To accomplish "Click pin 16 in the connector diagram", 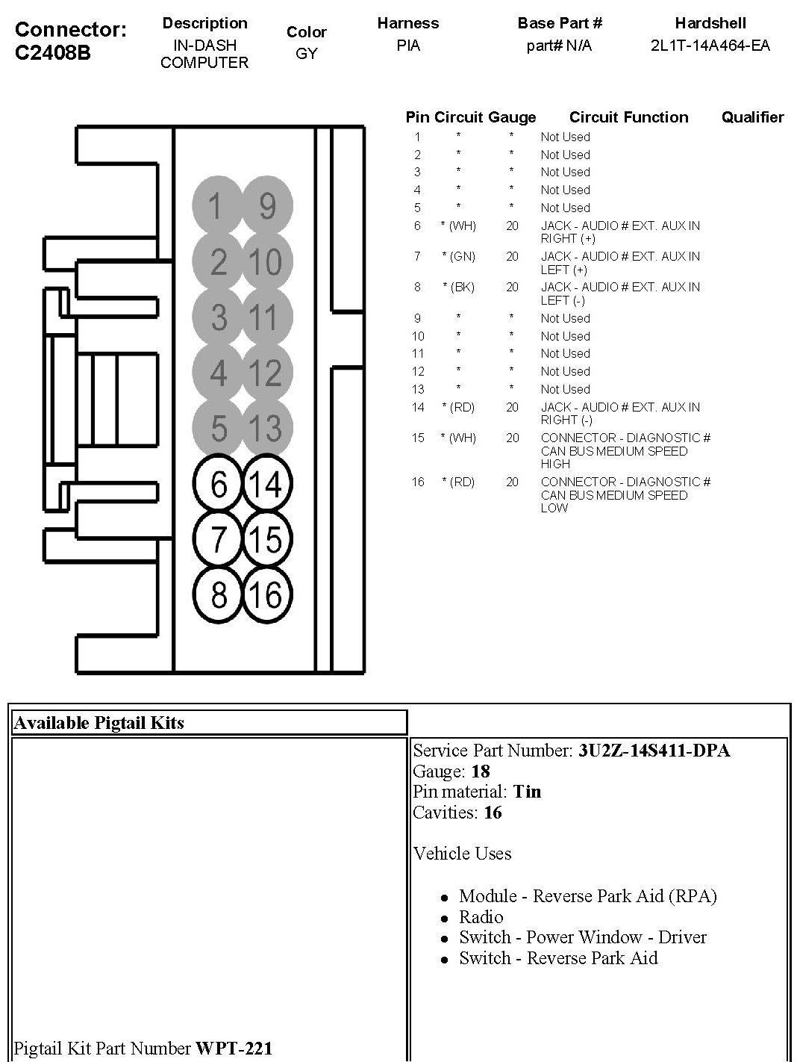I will click(x=266, y=595).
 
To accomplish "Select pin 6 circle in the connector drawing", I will click(x=218, y=484).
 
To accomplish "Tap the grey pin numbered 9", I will click(x=267, y=205).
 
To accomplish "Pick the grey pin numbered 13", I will click(x=266, y=429).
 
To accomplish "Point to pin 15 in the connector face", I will click(x=266, y=539).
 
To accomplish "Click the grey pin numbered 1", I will click(x=217, y=205).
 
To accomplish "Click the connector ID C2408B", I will click(x=52, y=54).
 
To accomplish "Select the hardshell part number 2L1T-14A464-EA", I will click(x=710, y=46).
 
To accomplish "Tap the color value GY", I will click(x=306, y=54).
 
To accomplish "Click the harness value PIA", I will click(x=408, y=46).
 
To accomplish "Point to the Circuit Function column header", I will click(x=628, y=117).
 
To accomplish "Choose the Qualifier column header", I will click(x=752, y=117).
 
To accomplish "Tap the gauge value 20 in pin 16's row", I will click(x=512, y=482).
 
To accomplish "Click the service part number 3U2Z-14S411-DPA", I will click(x=654, y=751).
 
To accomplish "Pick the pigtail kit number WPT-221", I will click(x=234, y=1049).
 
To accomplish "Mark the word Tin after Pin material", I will click(x=528, y=792).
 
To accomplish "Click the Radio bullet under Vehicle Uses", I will click(x=481, y=917).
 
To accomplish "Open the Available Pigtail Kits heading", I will click(x=99, y=723).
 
